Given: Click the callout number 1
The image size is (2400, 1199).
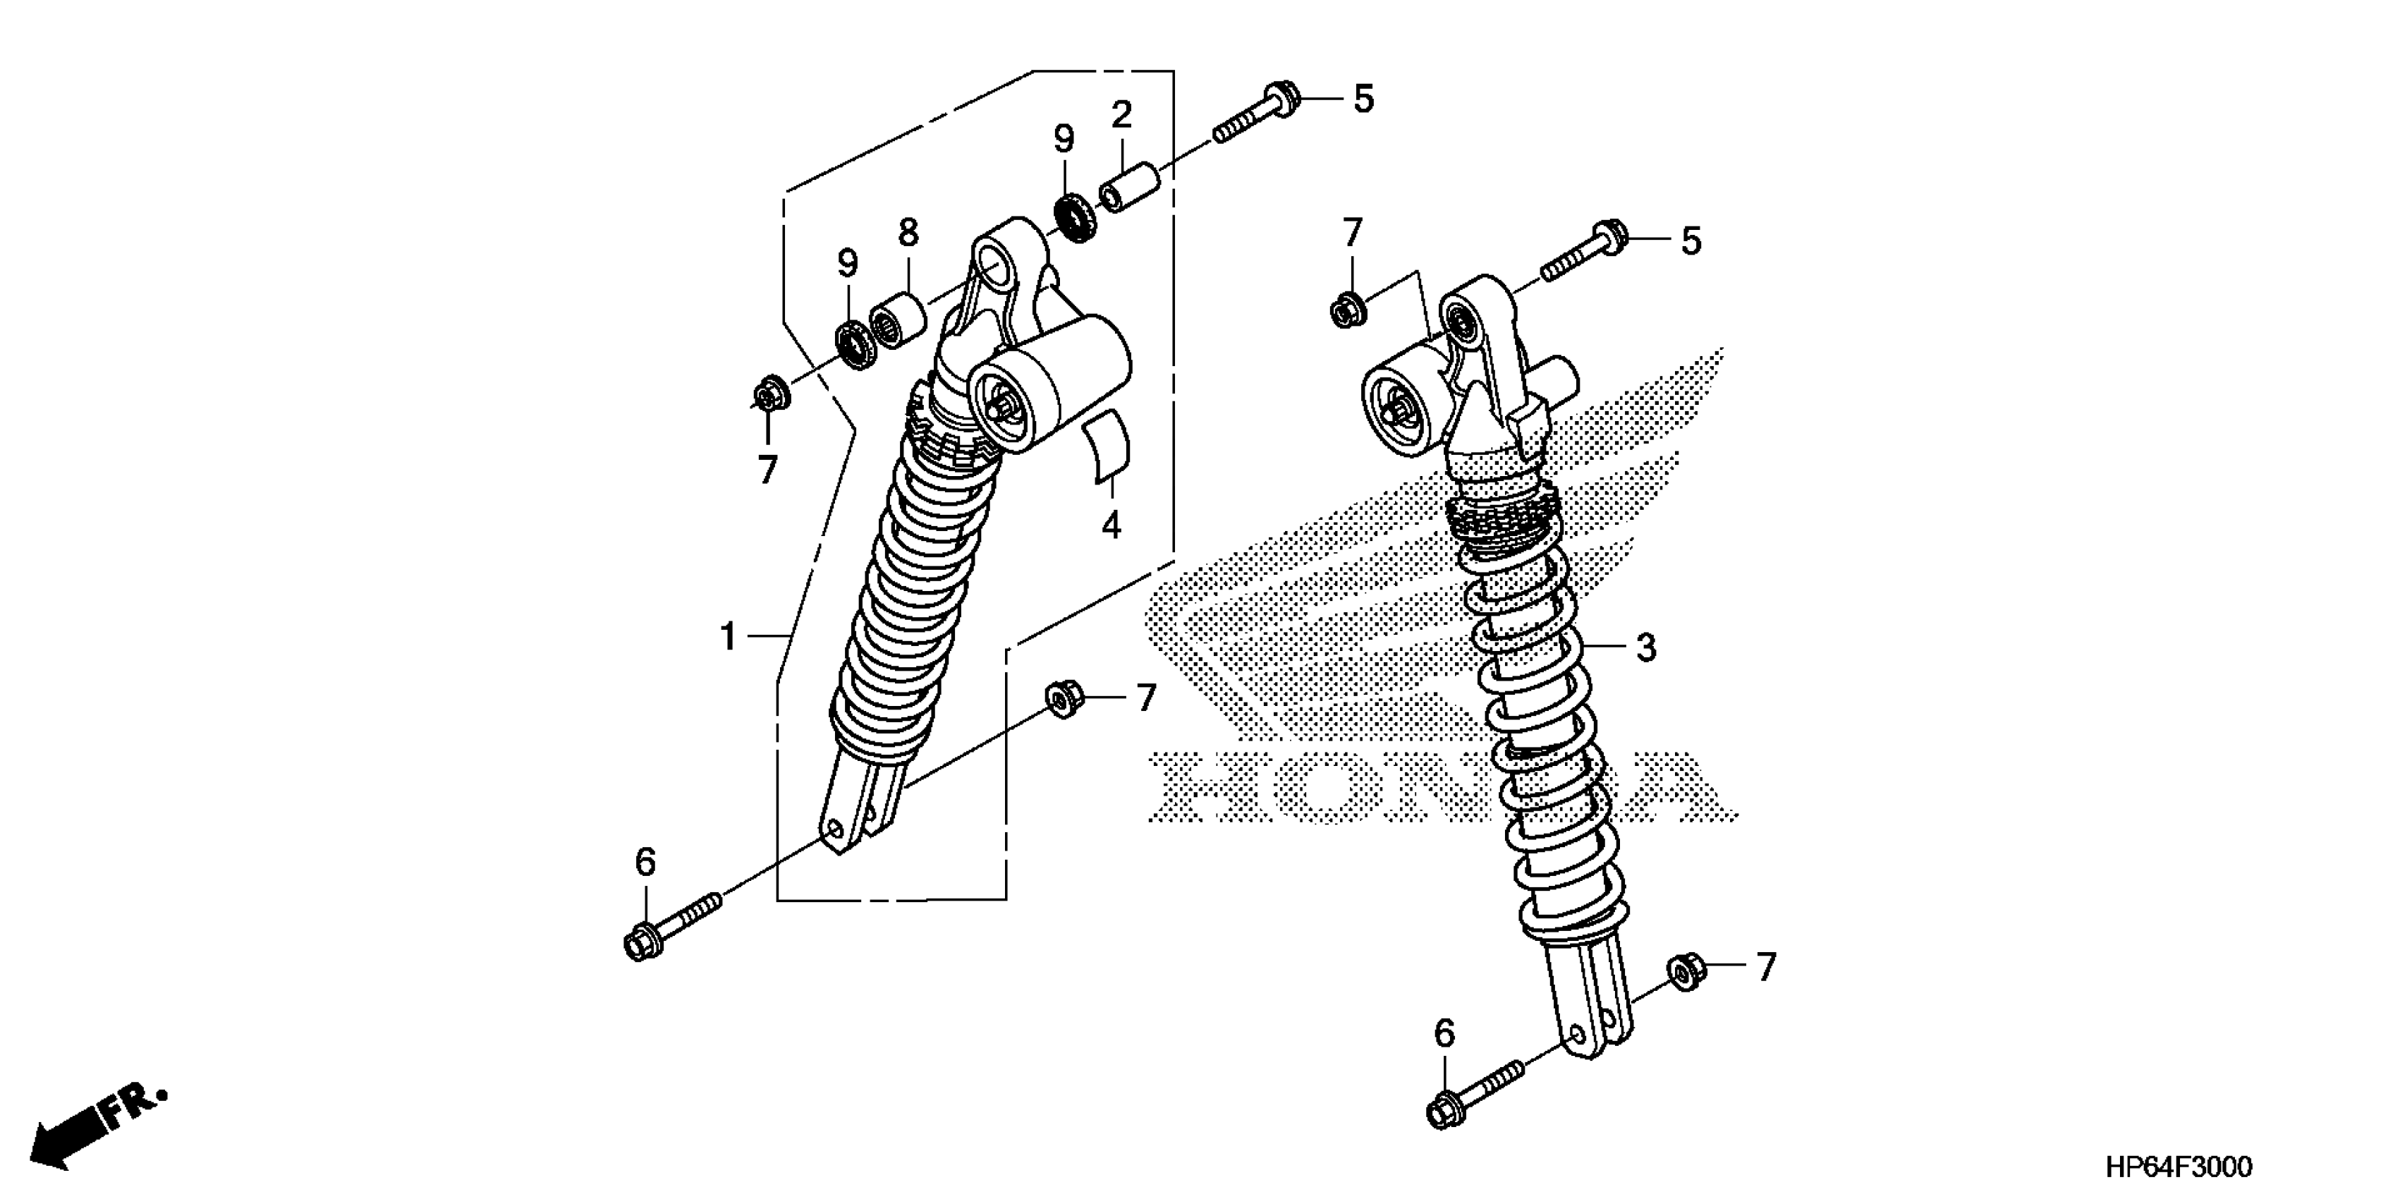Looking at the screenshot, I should point(729,638).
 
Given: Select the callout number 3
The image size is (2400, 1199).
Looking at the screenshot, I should point(1646,647).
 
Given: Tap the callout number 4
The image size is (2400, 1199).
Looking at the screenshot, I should point(1111,525).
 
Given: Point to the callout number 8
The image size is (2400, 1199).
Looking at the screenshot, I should point(908,232).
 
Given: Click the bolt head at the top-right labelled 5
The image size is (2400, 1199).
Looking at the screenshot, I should point(1280,98).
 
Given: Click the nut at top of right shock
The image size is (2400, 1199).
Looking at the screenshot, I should point(1346,308).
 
